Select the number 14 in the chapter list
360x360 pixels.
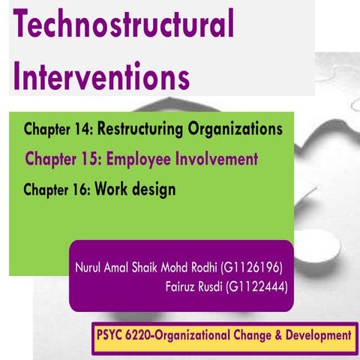tap(81, 130)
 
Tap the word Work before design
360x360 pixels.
tap(114, 190)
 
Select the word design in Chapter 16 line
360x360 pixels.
tap(156, 190)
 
